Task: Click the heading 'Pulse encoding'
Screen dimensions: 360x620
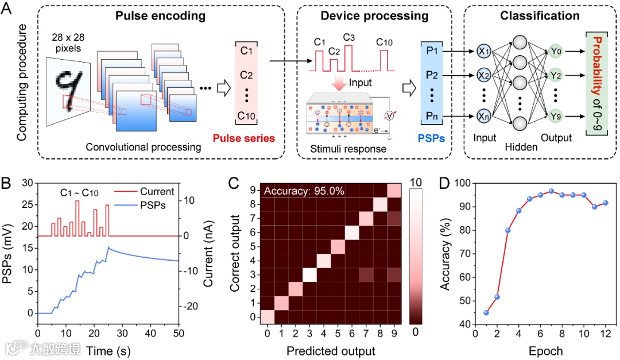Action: (160, 16)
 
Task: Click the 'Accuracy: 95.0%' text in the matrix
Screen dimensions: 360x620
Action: (303, 191)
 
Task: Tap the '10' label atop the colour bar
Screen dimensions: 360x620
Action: (418, 182)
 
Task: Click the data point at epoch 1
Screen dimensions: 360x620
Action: (486, 312)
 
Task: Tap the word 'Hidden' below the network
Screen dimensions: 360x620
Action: (520, 147)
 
